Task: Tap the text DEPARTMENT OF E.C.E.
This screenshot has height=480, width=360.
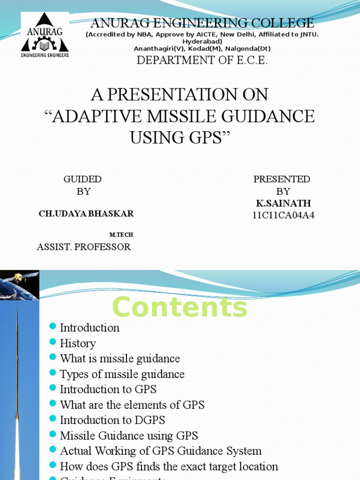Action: point(202,60)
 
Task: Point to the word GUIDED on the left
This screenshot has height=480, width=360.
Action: point(82,179)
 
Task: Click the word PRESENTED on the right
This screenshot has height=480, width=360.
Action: point(282,179)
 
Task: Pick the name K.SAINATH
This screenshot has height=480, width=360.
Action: point(283,203)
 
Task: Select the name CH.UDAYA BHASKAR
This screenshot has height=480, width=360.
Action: point(86,214)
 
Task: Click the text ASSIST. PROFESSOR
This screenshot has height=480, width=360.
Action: point(84,247)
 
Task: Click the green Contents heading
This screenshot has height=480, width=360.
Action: point(180,308)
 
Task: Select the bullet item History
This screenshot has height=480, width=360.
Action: point(78,344)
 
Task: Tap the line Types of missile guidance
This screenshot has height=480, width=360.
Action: point(122,374)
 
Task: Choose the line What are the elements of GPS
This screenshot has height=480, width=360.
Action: point(132,405)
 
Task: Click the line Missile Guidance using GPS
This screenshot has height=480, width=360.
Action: point(129,436)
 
